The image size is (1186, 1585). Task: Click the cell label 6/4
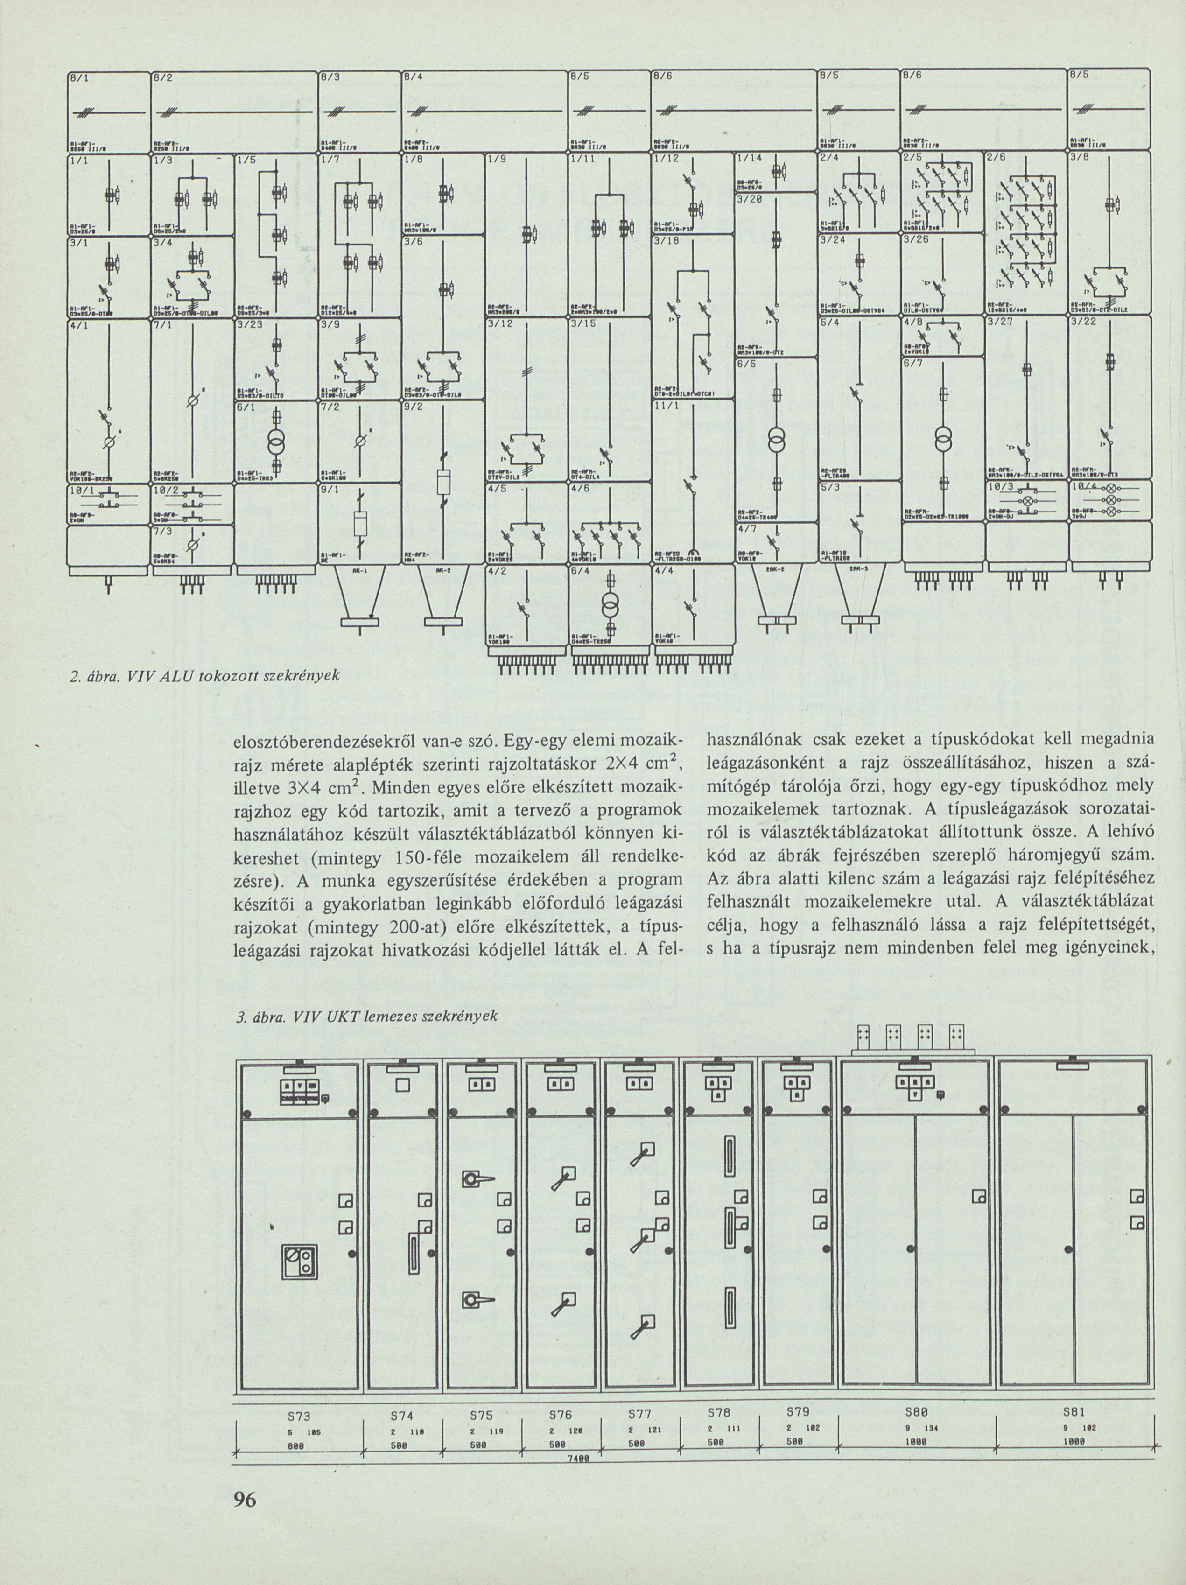coord(581,571)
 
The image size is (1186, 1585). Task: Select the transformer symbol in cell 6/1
coord(276,442)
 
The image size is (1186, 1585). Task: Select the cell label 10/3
coord(1002,487)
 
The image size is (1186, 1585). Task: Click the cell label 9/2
coord(416,406)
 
